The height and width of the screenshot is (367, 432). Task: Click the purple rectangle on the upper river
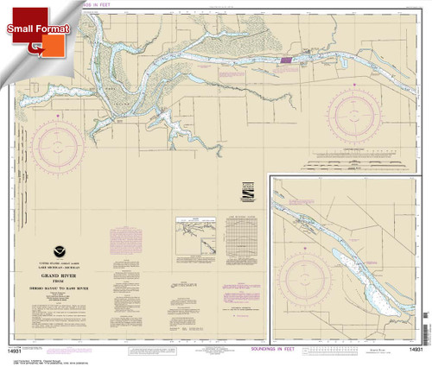tap(284, 61)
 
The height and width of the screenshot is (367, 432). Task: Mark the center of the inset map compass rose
tap(321, 277)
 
